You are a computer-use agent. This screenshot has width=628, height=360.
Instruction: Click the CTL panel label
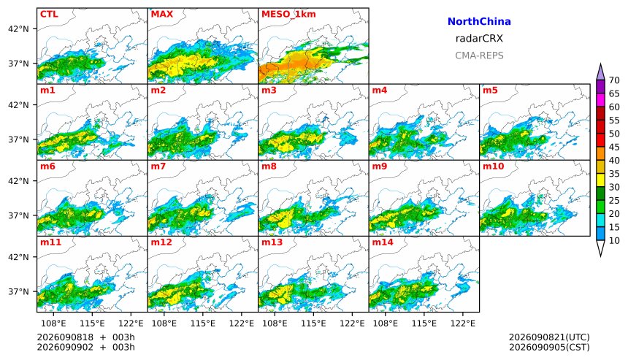tap(49, 14)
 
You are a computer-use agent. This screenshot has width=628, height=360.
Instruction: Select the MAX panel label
tap(162, 14)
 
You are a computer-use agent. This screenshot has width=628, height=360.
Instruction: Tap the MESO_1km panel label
tap(288, 14)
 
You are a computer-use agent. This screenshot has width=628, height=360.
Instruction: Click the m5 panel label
tap(490, 90)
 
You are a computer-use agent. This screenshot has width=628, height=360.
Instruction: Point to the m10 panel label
tap(493, 166)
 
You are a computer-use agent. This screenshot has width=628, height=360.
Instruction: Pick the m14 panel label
tap(383, 242)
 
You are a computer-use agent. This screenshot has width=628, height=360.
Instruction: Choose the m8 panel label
tap(269, 166)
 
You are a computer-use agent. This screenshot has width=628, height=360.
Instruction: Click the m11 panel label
tap(51, 242)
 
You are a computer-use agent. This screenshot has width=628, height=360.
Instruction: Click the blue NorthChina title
tap(479, 22)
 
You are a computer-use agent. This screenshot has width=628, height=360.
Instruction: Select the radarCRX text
tap(479, 39)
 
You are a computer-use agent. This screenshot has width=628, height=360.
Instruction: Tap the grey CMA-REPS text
tap(479, 55)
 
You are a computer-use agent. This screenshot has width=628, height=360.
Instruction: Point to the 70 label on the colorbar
tap(614, 80)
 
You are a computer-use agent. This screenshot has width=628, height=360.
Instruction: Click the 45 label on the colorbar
tap(614, 147)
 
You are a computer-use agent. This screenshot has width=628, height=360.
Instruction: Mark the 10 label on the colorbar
tap(614, 241)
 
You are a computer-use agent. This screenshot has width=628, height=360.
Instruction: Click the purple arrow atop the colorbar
tap(600, 72)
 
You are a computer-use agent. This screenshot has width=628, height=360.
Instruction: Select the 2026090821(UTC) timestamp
tap(549, 337)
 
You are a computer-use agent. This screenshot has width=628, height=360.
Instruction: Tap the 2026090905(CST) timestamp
tap(549, 347)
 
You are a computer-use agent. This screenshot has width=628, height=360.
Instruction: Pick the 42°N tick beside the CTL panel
tap(18, 28)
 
